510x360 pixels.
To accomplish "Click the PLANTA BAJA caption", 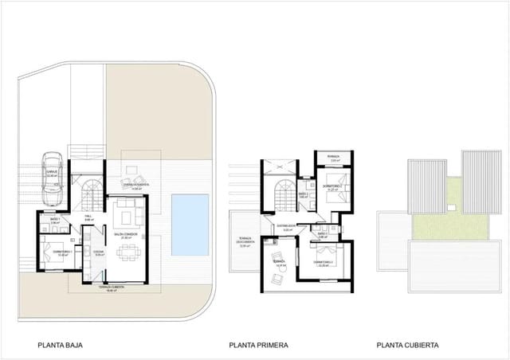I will (61, 346).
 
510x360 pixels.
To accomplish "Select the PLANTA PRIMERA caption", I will (258, 346).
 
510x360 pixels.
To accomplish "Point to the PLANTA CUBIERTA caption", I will (407, 346).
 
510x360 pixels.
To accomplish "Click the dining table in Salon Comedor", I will (128, 254).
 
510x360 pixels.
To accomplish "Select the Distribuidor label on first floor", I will (287, 228).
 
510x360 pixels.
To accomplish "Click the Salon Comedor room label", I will (130, 236).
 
